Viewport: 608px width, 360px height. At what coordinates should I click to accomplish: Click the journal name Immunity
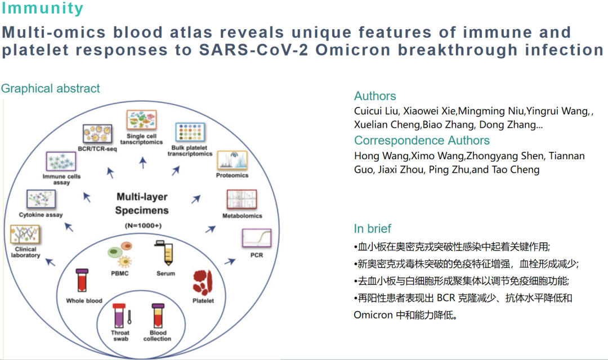pos(42,9)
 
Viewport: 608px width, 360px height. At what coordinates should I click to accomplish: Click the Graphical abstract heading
pos(51,89)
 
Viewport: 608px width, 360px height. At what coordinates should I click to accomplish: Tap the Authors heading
pos(375,96)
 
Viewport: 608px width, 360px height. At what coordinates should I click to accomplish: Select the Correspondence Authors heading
pos(422,141)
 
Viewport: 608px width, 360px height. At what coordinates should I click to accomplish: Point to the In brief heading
pos(372,229)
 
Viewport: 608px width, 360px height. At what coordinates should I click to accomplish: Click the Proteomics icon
pos(233,160)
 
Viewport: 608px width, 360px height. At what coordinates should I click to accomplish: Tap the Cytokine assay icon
pos(41,200)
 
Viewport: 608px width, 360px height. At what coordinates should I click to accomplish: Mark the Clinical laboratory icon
pos(25,235)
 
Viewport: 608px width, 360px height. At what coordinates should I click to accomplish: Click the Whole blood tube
pos(83,280)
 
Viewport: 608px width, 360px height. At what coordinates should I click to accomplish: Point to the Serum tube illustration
pos(167,254)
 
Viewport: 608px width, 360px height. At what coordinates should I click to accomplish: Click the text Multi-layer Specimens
pos(142,204)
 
